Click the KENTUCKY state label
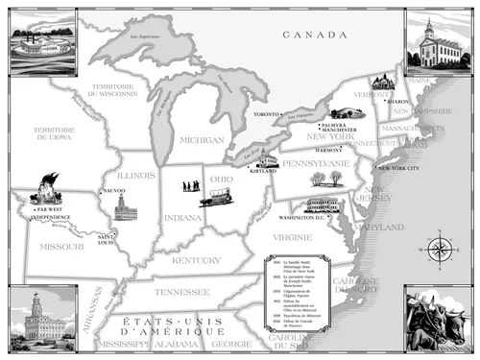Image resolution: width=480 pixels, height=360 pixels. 196,260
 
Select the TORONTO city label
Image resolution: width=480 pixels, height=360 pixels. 266,114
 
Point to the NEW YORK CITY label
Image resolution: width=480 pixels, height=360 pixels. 400,168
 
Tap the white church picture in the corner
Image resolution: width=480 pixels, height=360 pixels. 438,40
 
